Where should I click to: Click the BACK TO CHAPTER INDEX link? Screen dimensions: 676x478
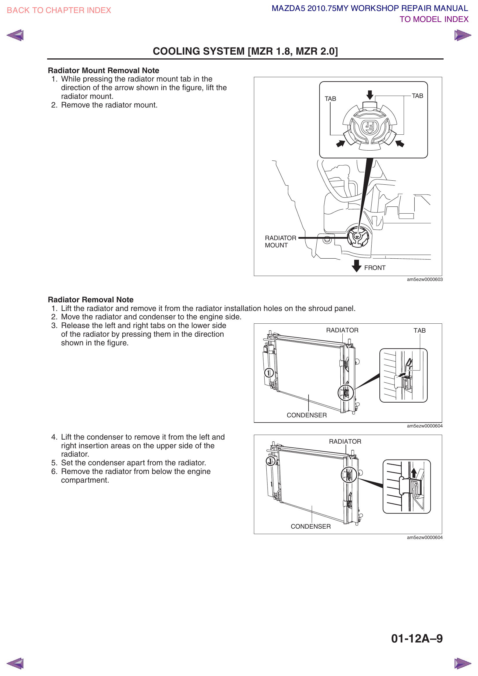(59, 10)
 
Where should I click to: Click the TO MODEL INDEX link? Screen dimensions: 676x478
(433, 19)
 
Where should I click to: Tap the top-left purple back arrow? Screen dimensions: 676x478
(15, 35)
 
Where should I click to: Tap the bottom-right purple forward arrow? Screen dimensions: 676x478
(462, 663)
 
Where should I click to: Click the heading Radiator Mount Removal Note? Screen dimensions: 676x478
(103, 71)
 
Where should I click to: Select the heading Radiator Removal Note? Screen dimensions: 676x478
(91, 300)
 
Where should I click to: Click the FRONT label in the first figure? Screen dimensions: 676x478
(375, 268)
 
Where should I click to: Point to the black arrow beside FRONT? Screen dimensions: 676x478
(356, 266)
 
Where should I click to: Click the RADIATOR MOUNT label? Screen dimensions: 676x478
(280, 242)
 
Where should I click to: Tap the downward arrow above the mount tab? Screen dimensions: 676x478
(370, 95)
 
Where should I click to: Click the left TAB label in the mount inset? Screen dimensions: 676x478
(330, 99)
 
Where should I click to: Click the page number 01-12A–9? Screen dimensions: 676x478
(416, 638)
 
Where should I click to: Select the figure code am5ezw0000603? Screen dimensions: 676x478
(425, 279)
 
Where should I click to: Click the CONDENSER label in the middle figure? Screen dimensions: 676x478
(307, 415)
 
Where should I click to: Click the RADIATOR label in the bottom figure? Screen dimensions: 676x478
(345, 442)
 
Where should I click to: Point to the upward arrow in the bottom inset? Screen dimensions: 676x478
(414, 473)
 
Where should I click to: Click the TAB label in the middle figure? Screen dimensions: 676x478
(419, 331)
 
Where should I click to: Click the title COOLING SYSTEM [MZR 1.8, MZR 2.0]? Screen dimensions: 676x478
(245, 51)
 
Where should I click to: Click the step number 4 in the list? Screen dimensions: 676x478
(54, 437)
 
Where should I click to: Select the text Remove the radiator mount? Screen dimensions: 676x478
(109, 105)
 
